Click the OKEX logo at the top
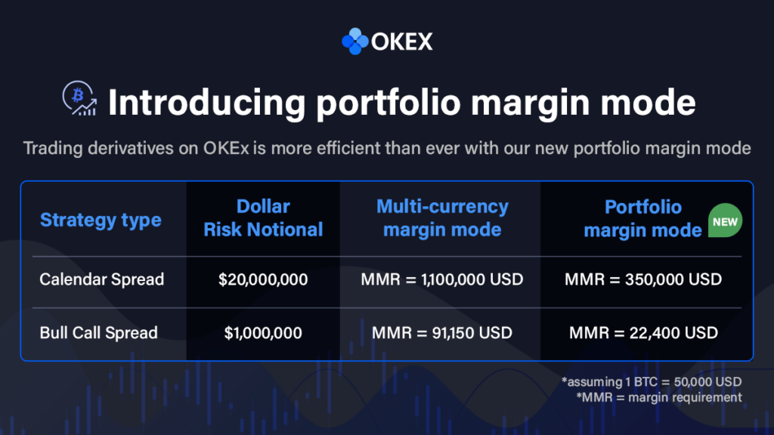(x=387, y=41)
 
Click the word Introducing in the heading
(x=206, y=102)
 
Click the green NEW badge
(x=725, y=221)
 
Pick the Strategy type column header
(x=101, y=220)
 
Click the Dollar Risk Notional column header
(x=263, y=218)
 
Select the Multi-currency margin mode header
(x=442, y=218)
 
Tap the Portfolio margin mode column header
(x=642, y=218)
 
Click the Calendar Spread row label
(x=102, y=279)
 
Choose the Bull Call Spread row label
(x=99, y=332)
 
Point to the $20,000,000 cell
(x=263, y=279)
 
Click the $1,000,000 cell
(x=263, y=332)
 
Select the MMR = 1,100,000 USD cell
(x=442, y=279)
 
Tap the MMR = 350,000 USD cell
(x=642, y=279)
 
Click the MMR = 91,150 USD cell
(x=442, y=332)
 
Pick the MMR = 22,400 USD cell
(x=642, y=332)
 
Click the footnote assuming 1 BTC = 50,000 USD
(x=651, y=381)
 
